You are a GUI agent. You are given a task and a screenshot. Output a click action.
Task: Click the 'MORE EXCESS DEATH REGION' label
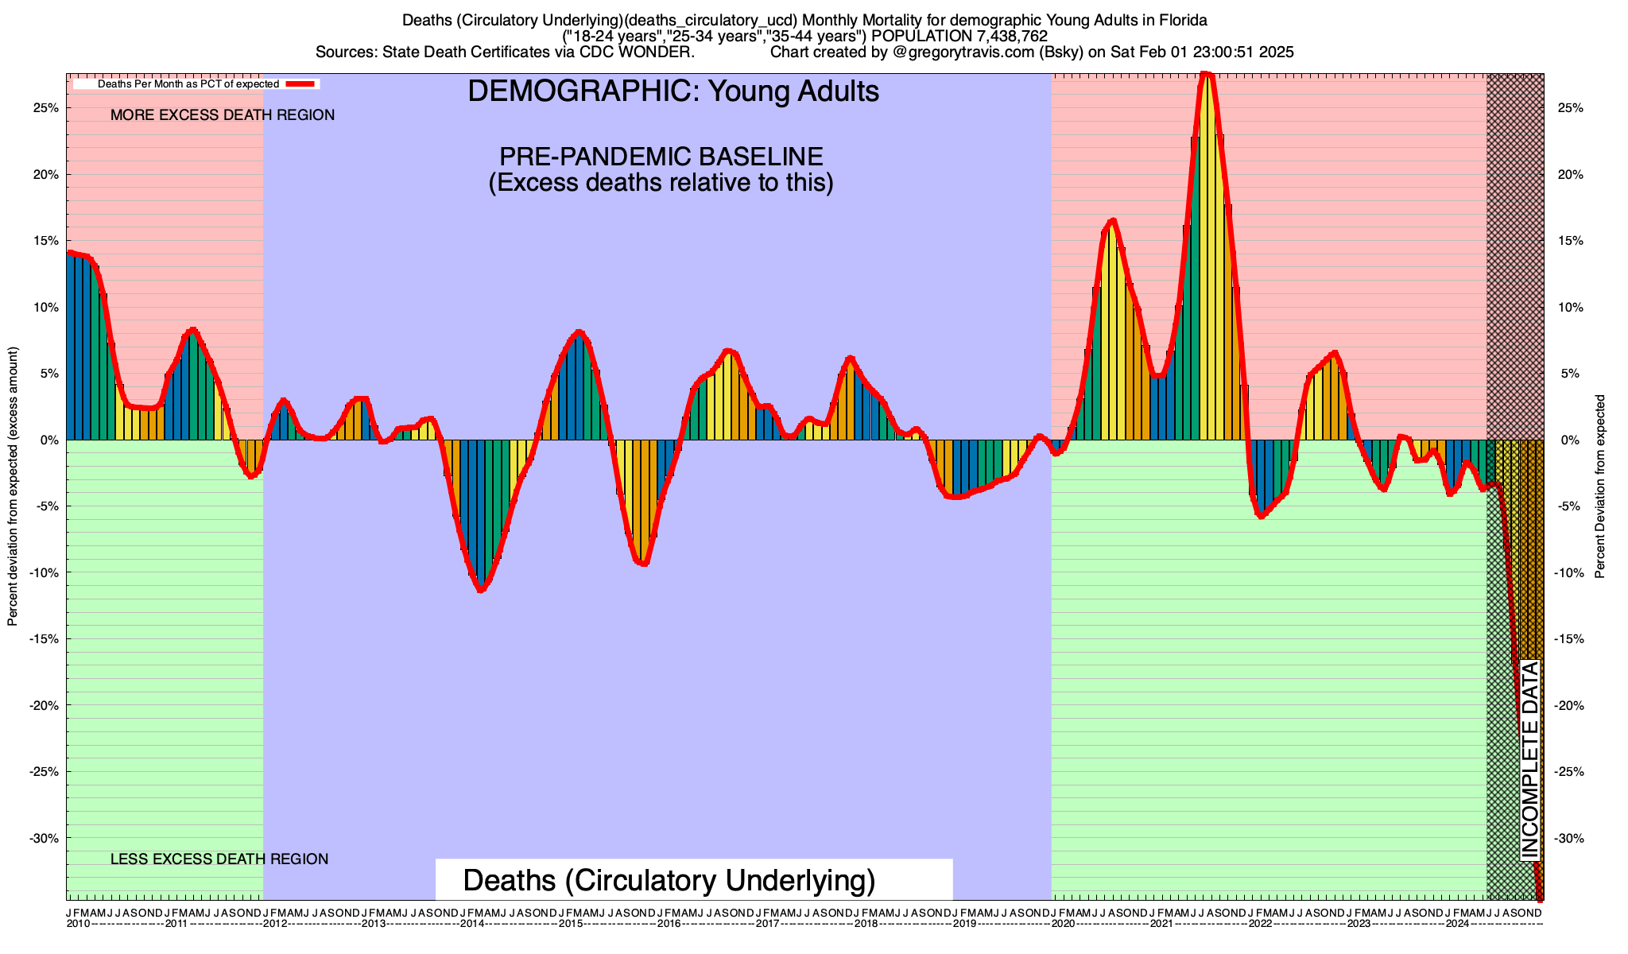tap(223, 115)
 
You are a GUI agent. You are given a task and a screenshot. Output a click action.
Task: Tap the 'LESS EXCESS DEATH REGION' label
tap(219, 859)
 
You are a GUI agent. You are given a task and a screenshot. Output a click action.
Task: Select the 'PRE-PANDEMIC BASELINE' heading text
tap(661, 156)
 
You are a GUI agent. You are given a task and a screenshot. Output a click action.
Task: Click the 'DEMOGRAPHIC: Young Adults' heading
tap(673, 91)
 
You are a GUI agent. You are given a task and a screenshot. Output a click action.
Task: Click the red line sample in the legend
tap(301, 83)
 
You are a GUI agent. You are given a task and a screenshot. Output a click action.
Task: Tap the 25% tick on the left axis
tap(47, 108)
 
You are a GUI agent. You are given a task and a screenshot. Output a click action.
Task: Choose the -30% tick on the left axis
tap(45, 839)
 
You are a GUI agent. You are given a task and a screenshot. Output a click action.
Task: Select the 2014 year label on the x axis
tap(472, 924)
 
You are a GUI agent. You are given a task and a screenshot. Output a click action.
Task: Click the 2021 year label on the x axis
tap(1161, 924)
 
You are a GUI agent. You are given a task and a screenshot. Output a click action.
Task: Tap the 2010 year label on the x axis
tap(78, 924)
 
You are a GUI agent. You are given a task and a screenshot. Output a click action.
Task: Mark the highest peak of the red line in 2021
tap(1207, 76)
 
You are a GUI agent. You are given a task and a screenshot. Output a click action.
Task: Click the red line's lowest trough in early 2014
tap(481, 589)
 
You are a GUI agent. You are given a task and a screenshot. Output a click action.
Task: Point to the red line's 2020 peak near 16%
tap(1112, 221)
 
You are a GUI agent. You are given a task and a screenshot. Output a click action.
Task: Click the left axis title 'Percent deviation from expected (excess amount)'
tap(13, 487)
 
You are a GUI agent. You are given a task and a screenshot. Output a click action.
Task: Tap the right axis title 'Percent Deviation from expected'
tap(1599, 487)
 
